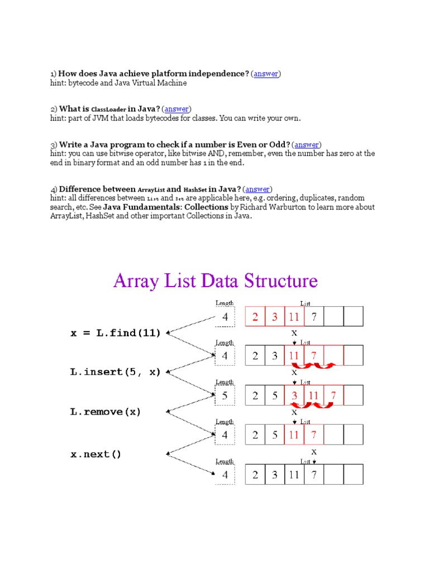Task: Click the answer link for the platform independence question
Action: click(x=266, y=74)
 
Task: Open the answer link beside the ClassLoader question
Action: click(x=177, y=109)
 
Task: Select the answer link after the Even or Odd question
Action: click(x=307, y=144)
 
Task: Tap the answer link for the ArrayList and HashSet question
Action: click(x=258, y=189)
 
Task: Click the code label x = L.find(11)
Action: click(x=116, y=333)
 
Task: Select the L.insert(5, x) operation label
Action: click(x=116, y=372)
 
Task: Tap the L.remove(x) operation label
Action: click(x=106, y=412)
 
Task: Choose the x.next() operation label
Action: click(x=96, y=454)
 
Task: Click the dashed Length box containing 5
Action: click(x=225, y=395)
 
